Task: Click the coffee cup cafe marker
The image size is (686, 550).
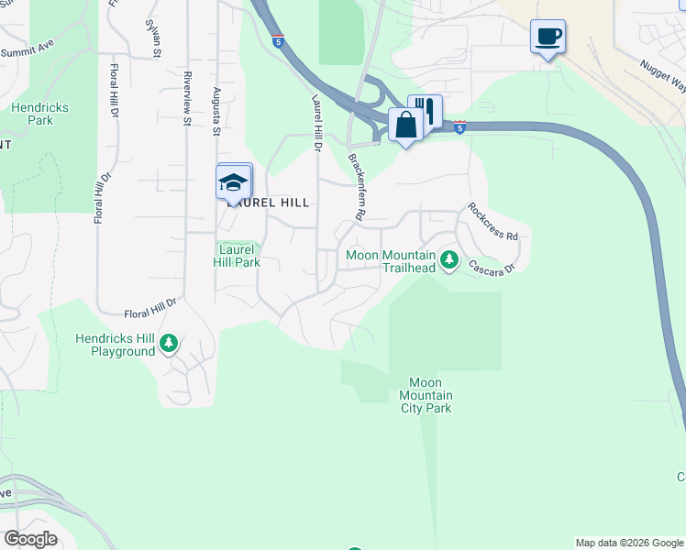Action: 548,38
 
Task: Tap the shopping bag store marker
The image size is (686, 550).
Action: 405,124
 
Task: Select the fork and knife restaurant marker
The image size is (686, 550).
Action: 426,110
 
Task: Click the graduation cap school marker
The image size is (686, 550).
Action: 234,181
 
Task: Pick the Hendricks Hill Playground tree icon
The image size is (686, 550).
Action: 169,344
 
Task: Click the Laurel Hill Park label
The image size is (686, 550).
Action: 238,255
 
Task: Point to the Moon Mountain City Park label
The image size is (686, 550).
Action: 425,395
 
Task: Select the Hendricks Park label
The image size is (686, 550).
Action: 39,114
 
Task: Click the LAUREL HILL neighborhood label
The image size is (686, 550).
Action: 269,203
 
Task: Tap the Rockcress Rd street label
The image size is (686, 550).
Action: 492,221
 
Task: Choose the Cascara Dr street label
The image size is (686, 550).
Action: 492,267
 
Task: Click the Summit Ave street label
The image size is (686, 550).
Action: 28,51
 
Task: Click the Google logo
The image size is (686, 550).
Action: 30,539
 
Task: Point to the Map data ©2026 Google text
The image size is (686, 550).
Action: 629,543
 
